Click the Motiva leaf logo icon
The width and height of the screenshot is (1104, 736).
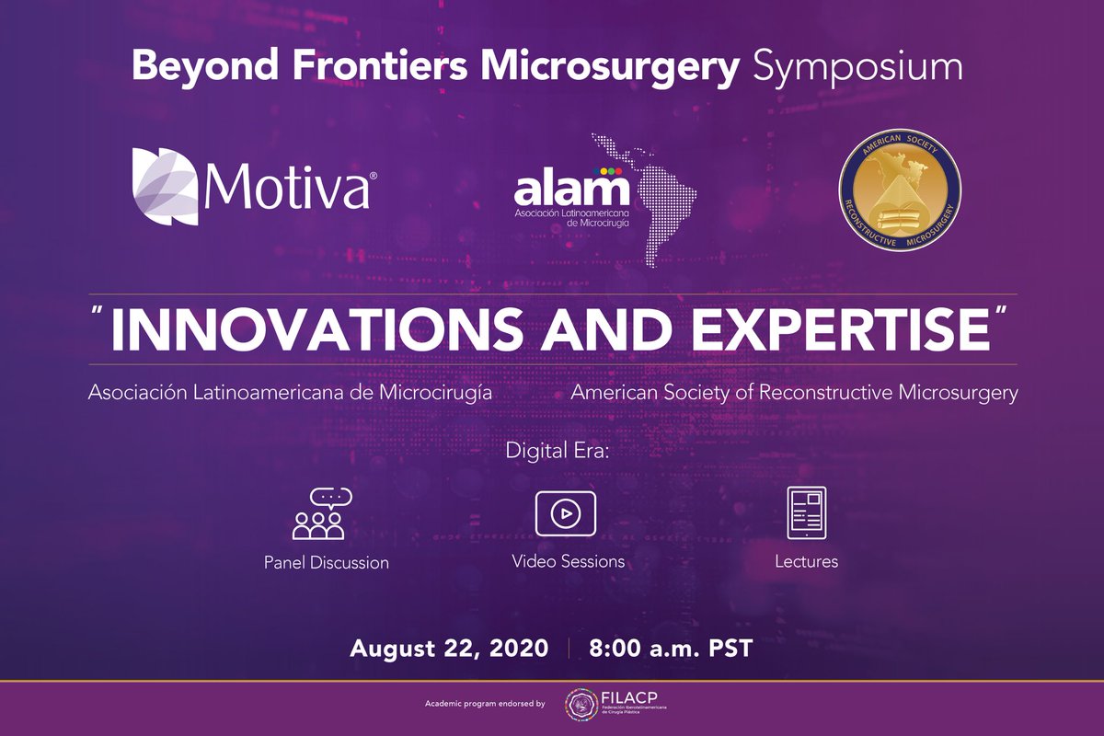coord(165,187)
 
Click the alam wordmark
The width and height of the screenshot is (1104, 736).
coord(571,188)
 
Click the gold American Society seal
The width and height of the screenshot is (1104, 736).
coord(900,190)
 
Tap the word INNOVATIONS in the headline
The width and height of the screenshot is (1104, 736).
coord(316,329)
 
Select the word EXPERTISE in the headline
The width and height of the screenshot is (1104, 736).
coord(841,329)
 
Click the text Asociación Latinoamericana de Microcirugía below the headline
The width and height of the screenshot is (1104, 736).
coord(290,393)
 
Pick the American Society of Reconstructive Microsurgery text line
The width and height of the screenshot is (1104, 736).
coord(794,393)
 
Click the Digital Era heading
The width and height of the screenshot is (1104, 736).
coord(558,451)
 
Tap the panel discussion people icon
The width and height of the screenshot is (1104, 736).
coord(322,513)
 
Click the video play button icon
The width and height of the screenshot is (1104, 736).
coord(566,513)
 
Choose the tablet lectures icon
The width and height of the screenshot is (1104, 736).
coord(807,512)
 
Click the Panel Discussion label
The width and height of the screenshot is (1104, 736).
coord(327,562)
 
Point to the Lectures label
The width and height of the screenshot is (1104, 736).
coord(806,561)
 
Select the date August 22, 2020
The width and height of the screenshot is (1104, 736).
coord(449,648)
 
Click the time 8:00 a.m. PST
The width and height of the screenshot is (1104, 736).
coord(671,648)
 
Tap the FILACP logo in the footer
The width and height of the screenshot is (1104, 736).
coord(615,705)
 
